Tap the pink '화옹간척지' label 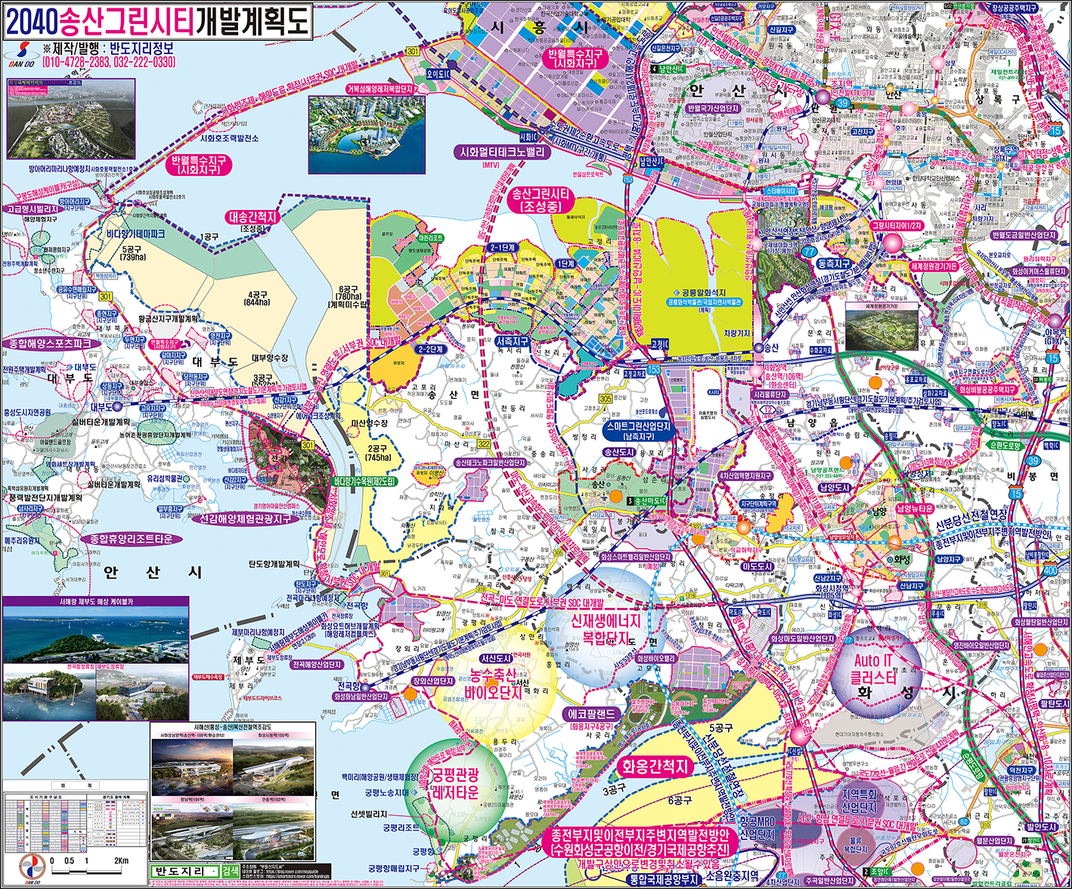[x=655, y=767]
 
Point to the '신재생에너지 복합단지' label [x=605, y=628]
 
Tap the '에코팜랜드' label [x=593, y=714]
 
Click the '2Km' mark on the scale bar [x=121, y=861]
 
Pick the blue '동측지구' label [x=833, y=264]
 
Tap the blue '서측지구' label [x=513, y=342]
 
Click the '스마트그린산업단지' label [x=638, y=427]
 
